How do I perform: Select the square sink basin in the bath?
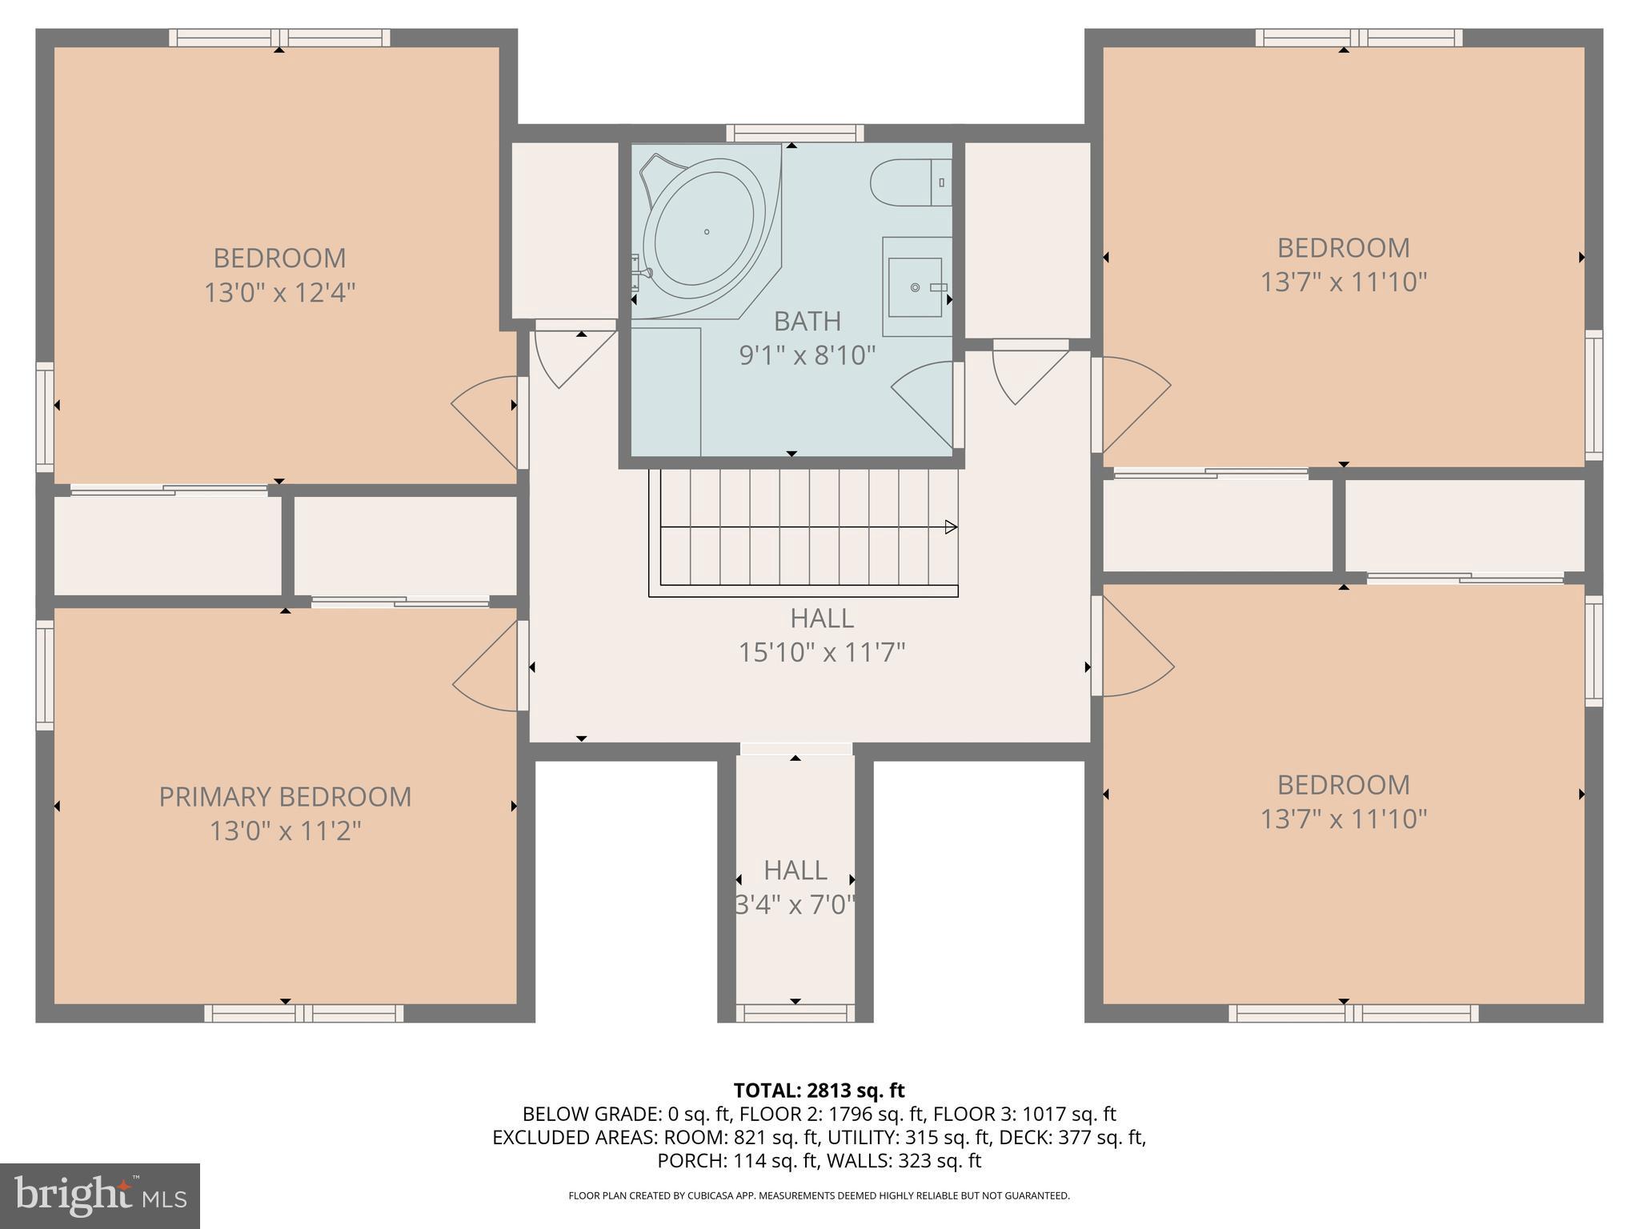click(915, 286)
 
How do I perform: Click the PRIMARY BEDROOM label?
click(285, 797)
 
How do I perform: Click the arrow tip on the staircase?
click(952, 526)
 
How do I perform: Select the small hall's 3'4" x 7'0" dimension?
click(795, 905)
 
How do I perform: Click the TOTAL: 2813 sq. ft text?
click(819, 1091)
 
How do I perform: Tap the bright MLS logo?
click(99, 1195)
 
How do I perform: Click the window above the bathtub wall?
click(795, 133)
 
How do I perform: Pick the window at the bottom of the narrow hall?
click(795, 1014)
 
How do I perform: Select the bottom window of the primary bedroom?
click(303, 1014)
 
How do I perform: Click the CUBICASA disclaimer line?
click(819, 1195)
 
